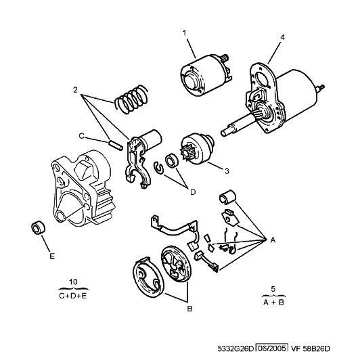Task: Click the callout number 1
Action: click(184, 33)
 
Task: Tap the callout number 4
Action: click(282, 37)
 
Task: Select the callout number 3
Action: click(227, 171)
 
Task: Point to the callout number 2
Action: click(75, 90)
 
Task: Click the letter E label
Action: click(52, 256)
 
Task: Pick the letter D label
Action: click(193, 192)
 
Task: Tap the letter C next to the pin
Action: click(81, 136)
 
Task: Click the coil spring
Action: click(131, 99)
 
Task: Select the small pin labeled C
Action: click(114, 146)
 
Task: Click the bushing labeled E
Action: click(38, 228)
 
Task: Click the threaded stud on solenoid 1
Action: click(225, 58)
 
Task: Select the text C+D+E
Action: click(73, 296)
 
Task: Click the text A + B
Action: click(273, 302)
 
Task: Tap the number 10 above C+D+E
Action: click(73, 282)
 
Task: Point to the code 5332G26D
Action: click(235, 348)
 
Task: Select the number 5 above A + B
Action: click(273, 289)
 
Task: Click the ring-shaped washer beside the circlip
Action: click(172, 160)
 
